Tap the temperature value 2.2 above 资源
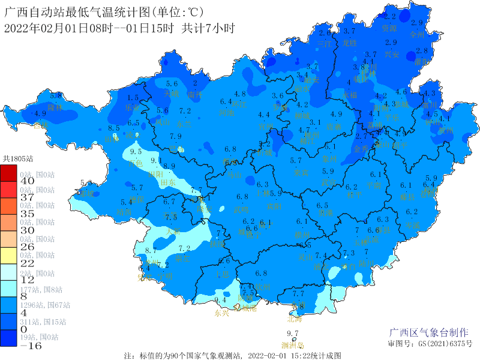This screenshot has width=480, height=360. (390, 17)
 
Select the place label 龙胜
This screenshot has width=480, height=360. (349, 43)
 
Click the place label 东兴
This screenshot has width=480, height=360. (221, 313)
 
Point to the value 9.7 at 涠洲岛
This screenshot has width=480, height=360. (293, 334)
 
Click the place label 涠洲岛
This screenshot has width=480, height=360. (293, 345)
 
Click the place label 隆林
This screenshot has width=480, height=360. (55, 107)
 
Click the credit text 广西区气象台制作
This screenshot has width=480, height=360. (428, 333)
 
